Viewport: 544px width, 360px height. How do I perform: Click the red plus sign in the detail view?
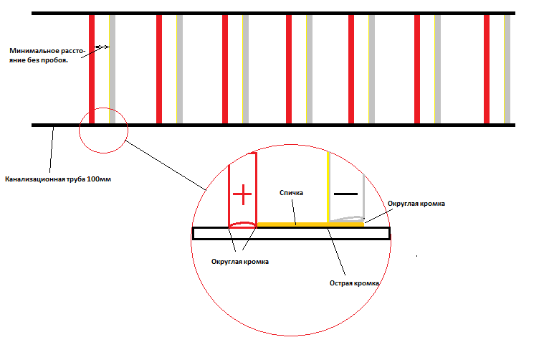click(x=242, y=194)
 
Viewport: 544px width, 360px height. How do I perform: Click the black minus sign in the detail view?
click(x=345, y=194)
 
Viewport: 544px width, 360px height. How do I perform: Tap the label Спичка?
click(x=291, y=193)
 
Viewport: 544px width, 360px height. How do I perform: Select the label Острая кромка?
click(x=354, y=283)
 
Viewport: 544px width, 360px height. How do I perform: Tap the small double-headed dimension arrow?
click(x=102, y=47)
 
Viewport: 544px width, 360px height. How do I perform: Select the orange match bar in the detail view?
click(x=310, y=224)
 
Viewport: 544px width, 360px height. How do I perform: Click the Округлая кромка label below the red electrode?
click(x=240, y=262)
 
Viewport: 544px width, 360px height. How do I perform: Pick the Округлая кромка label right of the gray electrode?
click(x=416, y=204)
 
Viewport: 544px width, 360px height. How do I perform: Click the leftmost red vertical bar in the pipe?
click(x=92, y=69)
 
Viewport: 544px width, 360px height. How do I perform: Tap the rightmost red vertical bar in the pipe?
click(x=487, y=69)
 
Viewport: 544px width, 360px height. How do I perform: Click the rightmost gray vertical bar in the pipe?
click(x=507, y=69)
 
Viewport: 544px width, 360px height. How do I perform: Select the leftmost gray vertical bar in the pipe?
click(x=113, y=69)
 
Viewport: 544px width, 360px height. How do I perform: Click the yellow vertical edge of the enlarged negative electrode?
click(x=328, y=186)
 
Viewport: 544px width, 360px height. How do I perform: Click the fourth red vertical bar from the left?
click(x=289, y=69)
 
